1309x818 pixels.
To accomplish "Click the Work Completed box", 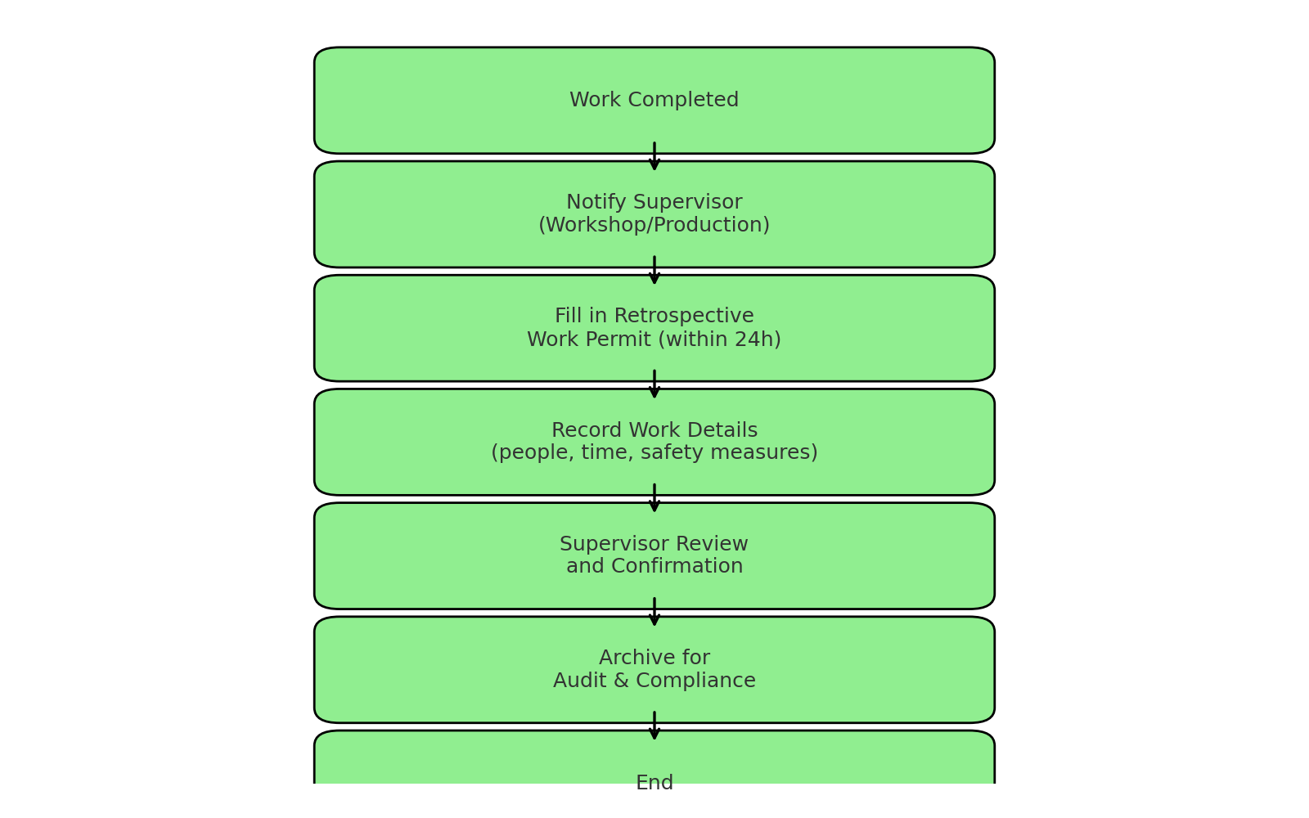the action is point(654,101).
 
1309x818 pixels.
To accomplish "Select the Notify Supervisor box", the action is point(654,214).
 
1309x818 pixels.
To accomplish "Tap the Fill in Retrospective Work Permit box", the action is point(654,328).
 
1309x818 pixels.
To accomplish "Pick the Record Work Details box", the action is point(654,443).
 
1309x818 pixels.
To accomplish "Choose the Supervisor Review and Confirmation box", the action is point(654,555).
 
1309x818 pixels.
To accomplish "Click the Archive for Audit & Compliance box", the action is point(654,670).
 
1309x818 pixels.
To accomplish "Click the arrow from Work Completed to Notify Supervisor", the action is point(654,156).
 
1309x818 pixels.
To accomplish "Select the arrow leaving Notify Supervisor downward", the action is point(654,270).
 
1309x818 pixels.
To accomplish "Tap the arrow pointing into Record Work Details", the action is point(654,384).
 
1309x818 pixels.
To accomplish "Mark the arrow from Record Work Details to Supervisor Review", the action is point(654,498).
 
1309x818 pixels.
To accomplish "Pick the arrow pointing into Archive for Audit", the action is point(654,612).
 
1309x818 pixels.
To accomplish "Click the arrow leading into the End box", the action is point(654,726).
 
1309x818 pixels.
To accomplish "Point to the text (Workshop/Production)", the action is point(654,225).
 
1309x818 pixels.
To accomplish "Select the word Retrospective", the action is point(684,317).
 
